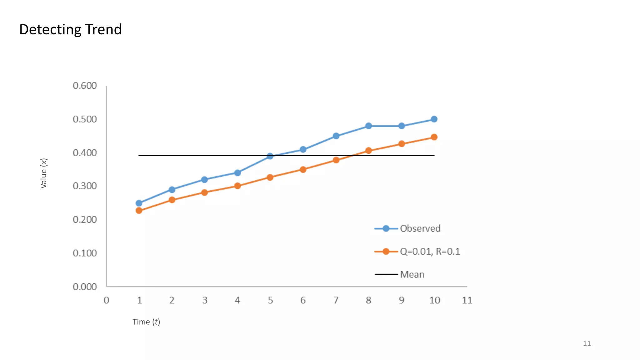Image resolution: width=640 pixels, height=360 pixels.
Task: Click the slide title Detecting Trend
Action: tap(70, 29)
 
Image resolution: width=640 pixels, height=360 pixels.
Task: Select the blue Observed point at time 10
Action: tap(434, 119)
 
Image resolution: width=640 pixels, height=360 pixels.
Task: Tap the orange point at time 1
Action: tap(139, 211)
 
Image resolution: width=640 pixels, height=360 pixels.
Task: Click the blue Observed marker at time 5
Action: tap(270, 156)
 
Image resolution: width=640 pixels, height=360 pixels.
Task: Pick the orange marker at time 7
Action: tap(336, 160)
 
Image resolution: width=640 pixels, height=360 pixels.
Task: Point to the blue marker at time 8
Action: tap(368, 126)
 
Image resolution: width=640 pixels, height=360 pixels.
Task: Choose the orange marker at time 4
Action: tap(237, 186)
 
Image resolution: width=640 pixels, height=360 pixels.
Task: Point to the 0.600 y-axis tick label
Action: tap(85, 86)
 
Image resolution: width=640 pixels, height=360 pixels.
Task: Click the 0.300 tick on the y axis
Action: tap(85, 186)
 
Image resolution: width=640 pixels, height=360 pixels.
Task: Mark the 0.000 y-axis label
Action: tap(85, 287)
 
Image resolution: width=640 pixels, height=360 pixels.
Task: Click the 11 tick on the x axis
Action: tap(467, 300)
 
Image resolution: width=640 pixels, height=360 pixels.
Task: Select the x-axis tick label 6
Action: tap(303, 300)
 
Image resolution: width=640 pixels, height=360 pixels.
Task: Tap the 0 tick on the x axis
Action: tap(107, 300)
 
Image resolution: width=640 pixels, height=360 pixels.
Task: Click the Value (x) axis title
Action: tap(43, 173)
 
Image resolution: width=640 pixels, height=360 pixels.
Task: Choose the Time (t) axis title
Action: tap(146, 322)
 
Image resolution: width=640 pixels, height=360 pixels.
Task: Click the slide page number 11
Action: tap(587, 343)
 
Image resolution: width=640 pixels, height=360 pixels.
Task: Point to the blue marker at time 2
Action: tap(172, 190)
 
